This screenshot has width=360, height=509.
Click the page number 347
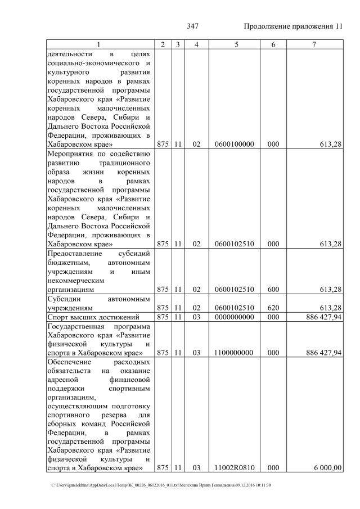pyautogui.click(x=193, y=26)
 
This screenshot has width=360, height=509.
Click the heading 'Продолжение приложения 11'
pyautogui.click(x=292, y=26)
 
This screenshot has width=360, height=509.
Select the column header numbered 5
pyautogui.click(x=235, y=44)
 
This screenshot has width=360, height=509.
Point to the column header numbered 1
pyautogui.click(x=100, y=44)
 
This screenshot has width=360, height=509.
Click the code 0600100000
pyautogui.click(x=235, y=145)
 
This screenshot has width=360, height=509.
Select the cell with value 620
pyautogui.click(x=273, y=308)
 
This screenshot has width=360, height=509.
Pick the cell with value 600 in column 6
pyautogui.click(x=273, y=290)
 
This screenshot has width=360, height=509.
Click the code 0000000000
pyautogui.click(x=235, y=317)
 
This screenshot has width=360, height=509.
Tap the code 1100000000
pyautogui.click(x=235, y=353)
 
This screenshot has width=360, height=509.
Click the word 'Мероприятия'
pyautogui.click(x=70, y=154)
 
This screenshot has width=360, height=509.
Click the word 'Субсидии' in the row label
pyautogui.click(x=64, y=299)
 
